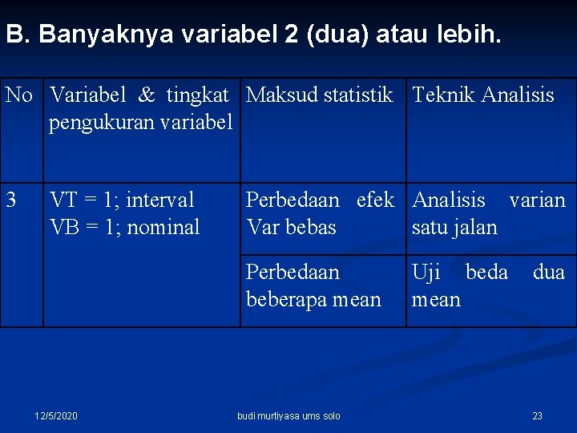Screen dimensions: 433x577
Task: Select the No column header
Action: pyautogui.click(x=18, y=95)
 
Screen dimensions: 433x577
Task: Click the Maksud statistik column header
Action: pyautogui.click(x=319, y=95)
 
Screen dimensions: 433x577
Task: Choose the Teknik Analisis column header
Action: pyautogui.click(x=482, y=95)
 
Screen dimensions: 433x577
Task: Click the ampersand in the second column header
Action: pyautogui.click(x=147, y=95)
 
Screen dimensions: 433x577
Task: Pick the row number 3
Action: pyautogui.click(x=11, y=200)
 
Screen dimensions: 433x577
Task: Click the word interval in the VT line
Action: pyautogui.click(x=160, y=200)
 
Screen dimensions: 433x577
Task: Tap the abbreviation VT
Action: pyautogui.click(x=64, y=200)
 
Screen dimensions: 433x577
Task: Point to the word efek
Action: pyautogui.click(x=375, y=200)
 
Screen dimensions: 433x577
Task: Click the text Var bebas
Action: pyautogui.click(x=291, y=227)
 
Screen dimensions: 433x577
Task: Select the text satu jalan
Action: pyautogui.click(x=454, y=227)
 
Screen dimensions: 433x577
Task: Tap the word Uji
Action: pyautogui.click(x=426, y=273)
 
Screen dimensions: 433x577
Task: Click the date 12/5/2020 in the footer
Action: pyautogui.click(x=56, y=415)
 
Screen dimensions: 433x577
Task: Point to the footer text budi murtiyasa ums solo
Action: pyautogui.click(x=288, y=415)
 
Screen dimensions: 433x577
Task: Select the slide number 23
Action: pyautogui.click(x=537, y=415)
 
